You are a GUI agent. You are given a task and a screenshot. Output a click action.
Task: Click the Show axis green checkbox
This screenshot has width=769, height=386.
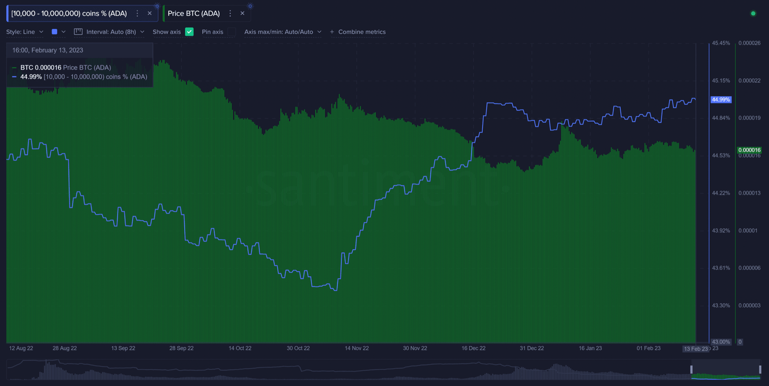tap(189, 32)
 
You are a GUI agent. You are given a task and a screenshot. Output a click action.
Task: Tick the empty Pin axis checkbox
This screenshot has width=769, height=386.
tap(231, 32)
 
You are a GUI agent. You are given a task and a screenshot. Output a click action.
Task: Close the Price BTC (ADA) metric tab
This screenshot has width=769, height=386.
tap(242, 14)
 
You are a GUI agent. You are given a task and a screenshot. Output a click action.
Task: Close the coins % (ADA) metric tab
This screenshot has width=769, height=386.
tap(149, 14)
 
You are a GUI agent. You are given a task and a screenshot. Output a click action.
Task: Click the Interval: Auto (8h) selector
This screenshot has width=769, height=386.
tap(109, 32)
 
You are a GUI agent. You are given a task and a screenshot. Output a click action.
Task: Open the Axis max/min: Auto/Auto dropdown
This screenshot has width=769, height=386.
tap(283, 32)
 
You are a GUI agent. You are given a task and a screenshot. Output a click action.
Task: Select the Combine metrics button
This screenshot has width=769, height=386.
tap(357, 32)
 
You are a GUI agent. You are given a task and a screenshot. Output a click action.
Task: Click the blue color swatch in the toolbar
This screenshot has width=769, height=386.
tap(55, 32)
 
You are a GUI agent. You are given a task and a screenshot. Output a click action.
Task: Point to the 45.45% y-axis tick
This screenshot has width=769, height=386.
tap(721, 43)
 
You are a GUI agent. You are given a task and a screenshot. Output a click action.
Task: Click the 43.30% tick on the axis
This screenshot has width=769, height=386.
tap(721, 305)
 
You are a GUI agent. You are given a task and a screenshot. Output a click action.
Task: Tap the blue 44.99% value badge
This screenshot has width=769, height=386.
tap(721, 100)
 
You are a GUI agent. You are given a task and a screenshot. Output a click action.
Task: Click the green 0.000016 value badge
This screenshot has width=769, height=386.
tap(749, 150)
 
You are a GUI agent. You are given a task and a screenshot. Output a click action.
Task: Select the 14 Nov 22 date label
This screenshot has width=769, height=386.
tap(356, 348)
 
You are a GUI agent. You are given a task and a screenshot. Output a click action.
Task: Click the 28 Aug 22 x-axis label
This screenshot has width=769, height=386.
tap(65, 348)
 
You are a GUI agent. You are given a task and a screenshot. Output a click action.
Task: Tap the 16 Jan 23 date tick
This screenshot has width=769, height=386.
tap(590, 348)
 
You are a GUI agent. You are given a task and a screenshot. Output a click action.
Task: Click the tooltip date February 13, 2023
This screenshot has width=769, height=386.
tap(48, 50)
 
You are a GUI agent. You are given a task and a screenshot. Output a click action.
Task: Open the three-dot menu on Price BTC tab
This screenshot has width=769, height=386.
tap(230, 14)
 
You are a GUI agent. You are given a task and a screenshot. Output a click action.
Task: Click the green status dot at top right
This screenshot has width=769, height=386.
tap(753, 14)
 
